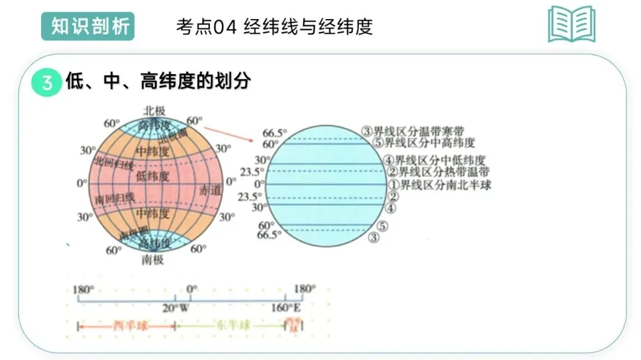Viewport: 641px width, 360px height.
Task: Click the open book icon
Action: (x=571, y=24)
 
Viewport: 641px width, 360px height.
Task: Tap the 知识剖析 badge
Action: (x=88, y=27)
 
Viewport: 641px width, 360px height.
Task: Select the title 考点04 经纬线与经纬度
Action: (x=274, y=27)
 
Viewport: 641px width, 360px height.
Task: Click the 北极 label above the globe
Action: (x=154, y=111)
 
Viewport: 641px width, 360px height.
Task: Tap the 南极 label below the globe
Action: (x=153, y=259)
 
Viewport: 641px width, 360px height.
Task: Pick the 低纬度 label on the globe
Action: (x=153, y=176)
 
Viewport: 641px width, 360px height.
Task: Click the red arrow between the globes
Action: (x=228, y=133)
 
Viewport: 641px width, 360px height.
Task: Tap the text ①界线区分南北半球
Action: (x=440, y=184)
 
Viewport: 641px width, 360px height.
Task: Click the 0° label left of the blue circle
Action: (x=259, y=184)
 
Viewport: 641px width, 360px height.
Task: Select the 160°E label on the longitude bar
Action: (x=286, y=308)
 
